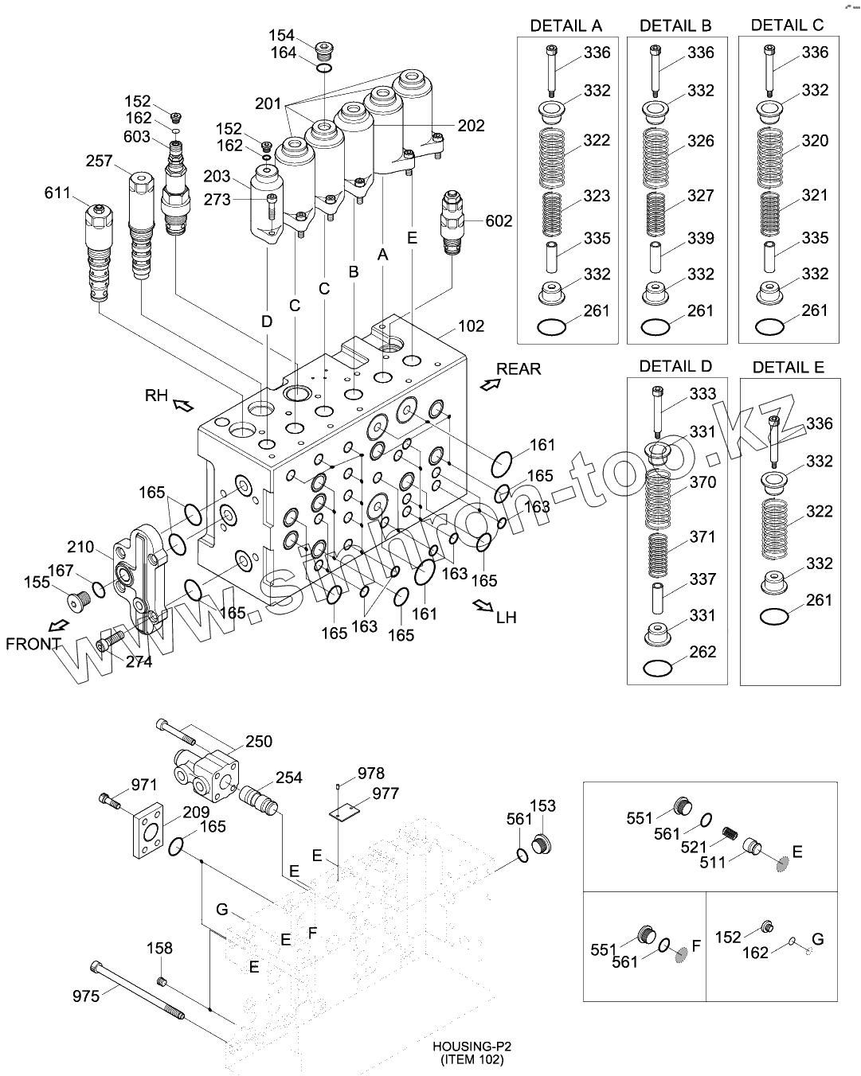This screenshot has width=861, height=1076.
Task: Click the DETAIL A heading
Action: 566,25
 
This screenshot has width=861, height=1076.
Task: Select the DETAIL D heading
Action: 676,367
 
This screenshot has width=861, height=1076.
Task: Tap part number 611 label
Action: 58,193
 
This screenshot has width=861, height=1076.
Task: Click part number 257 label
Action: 100,162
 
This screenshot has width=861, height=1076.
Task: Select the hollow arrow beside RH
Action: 183,406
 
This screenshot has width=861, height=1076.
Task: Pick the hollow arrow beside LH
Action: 482,606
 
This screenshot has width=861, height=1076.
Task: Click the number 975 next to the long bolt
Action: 87,995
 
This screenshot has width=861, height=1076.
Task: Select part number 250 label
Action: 258,742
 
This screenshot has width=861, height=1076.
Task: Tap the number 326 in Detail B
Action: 701,141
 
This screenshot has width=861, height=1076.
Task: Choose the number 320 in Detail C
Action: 815,141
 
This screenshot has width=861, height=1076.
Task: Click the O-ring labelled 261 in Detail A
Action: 551,326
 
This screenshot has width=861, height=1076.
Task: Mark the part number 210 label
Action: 81,547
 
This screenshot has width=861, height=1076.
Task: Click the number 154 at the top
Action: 281,35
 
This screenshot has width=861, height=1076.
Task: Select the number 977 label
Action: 385,793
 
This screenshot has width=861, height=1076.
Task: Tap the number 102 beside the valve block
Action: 471,326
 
